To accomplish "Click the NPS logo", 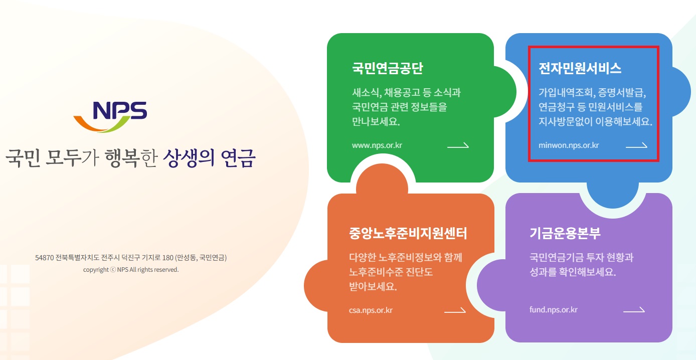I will [x=110, y=116].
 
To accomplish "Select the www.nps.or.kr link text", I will [x=377, y=146].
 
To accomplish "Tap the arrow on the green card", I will [x=458, y=146].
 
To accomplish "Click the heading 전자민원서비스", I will [x=580, y=69].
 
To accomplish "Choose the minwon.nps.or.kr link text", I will [x=569, y=146].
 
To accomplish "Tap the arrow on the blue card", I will [x=636, y=146].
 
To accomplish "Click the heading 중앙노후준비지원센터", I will [x=408, y=233].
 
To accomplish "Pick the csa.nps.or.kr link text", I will [x=371, y=310].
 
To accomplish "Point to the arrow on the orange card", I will [x=455, y=310].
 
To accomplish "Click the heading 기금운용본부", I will [x=565, y=233].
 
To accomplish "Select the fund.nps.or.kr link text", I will [x=554, y=310].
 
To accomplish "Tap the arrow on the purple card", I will [x=634, y=310].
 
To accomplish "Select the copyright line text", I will [x=131, y=270].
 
